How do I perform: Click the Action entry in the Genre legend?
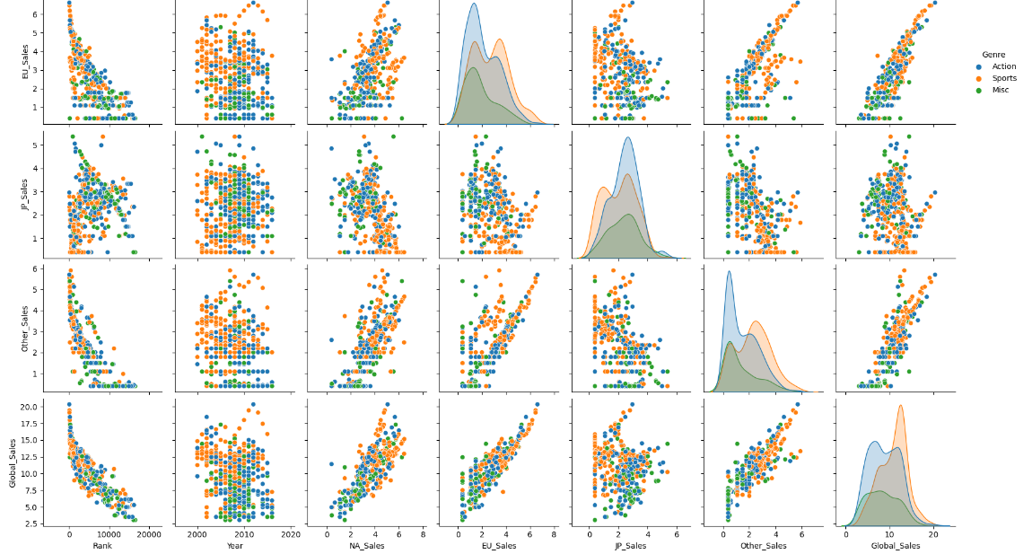click(x=1003, y=66)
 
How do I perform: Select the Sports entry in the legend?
click(x=1004, y=78)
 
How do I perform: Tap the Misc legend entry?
click(x=1001, y=90)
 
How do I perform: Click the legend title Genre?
click(x=993, y=54)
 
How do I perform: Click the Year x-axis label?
click(x=235, y=546)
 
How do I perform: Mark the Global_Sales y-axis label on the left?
click(x=11, y=460)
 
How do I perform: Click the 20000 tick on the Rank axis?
click(x=149, y=534)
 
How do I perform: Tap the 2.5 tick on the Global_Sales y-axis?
click(x=27, y=523)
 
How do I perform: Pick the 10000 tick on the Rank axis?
click(x=109, y=534)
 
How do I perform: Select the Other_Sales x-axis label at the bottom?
click(x=764, y=546)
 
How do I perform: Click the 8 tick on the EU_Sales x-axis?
click(x=555, y=534)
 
